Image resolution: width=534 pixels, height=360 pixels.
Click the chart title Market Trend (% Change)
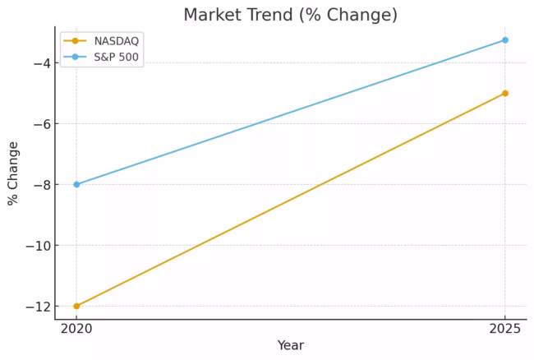[290, 15]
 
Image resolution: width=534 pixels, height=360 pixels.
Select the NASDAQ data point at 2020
[76, 306]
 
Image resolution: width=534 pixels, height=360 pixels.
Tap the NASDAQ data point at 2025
[505, 93]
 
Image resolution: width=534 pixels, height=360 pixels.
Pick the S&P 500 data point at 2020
[76, 184]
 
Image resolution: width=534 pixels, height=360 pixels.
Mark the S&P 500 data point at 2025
[505, 39]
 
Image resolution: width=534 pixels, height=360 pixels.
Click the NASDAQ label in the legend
[117, 41]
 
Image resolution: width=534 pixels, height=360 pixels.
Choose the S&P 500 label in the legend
[117, 57]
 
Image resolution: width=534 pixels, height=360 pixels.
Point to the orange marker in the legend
[76, 41]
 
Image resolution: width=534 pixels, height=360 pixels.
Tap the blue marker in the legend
[76, 57]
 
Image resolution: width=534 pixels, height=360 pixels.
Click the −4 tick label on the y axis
[40, 63]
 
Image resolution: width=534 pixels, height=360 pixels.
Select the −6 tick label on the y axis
[40, 124]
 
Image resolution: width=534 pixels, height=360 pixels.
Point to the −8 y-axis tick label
[40, 185]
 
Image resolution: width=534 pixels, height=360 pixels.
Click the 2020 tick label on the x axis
[76, 329]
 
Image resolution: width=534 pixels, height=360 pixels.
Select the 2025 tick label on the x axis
[505, 329]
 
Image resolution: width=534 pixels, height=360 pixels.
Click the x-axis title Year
[290, 346]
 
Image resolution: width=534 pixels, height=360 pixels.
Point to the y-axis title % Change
[13, 173]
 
